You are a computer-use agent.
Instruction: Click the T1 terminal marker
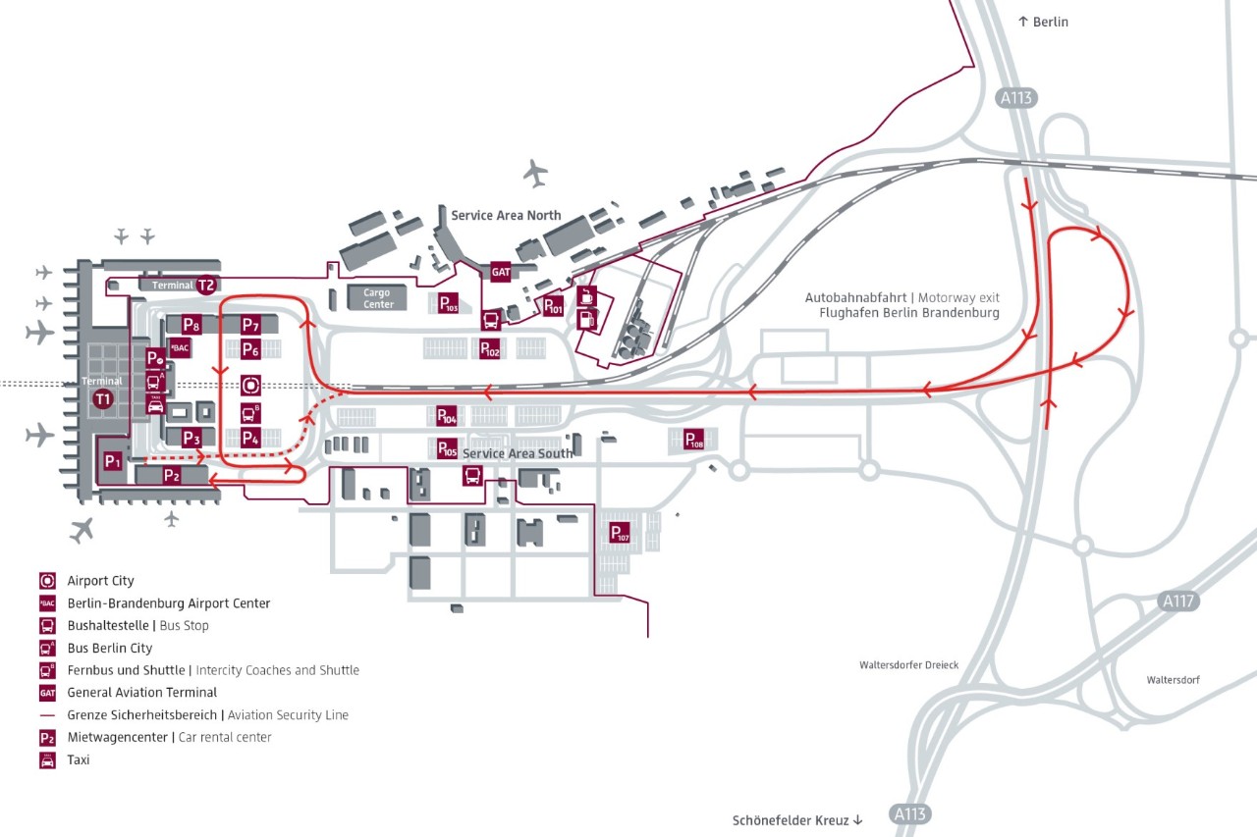tap(102, 398)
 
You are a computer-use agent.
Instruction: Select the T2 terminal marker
tap(205, 286)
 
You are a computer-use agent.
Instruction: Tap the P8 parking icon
tap(191, 325)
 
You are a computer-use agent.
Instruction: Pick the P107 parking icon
tap(619, 533)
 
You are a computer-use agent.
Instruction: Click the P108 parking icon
tap(693, 440)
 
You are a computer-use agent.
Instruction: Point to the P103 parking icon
tap(448, 303)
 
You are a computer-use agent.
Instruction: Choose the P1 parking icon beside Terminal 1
tap(112, 460)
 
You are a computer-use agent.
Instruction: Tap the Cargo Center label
tap(376, 298)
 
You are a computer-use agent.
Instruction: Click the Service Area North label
tap(506, 215)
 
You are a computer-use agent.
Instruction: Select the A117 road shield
tap(1178, 601)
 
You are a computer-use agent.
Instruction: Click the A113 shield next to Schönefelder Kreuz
tap(909, 814)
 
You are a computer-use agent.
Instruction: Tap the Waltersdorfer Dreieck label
tap(908, 664)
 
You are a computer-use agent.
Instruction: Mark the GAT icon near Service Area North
tap(500, 272)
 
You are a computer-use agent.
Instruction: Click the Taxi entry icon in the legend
tap(47, 760)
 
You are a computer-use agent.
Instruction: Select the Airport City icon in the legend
tap(47, 581)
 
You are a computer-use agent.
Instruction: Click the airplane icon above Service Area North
tap(535, 173)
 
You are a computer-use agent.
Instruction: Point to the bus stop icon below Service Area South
tap(472, 476)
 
